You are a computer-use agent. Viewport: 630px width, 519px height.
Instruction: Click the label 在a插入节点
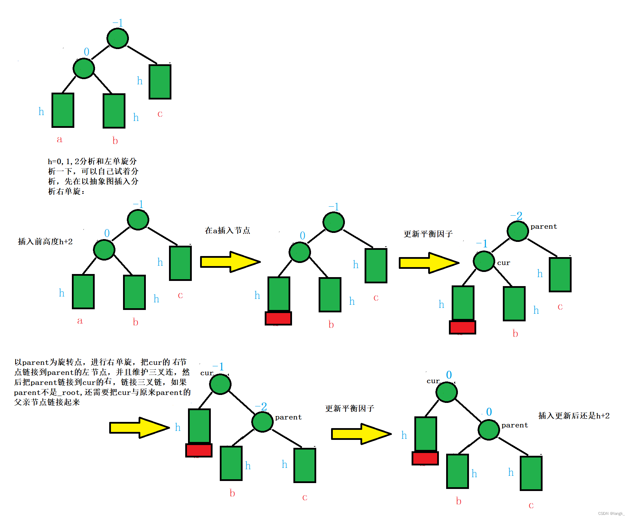click(x=227, y=230)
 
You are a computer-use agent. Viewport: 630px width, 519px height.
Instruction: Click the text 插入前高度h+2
click(x=45, y=242)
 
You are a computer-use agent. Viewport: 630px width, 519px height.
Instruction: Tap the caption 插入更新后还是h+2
click(x=574, y=416)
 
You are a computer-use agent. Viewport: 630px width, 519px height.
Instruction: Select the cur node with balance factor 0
click(x=446, y=392)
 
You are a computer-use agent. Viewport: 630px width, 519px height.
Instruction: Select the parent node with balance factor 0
click(x=489, y=430)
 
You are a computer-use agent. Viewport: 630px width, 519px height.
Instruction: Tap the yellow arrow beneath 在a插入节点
click(x=230, y=262)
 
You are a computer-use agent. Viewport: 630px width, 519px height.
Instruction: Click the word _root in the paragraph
click(x=70, y=393)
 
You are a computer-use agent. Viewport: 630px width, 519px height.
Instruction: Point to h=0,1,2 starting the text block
click(x=61, y=161)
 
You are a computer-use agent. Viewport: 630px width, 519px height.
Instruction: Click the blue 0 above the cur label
click(x=449, y=375)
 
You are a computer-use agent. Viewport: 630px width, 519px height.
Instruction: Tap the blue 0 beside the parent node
click(x=489, y=412)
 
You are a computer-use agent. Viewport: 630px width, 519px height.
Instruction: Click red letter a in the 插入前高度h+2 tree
click(x=80, y=321)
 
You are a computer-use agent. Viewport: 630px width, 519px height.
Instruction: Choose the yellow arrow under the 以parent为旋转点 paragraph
click(x=139, y=428)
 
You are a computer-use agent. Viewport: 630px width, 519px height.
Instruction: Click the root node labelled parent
click(x=518, y=231)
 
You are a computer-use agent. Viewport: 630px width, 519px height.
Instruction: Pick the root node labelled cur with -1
click(x=220, y=384)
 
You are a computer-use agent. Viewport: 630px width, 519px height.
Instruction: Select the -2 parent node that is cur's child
click(x=262, y=422)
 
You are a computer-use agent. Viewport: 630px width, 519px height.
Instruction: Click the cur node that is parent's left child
click(x=484, y=261)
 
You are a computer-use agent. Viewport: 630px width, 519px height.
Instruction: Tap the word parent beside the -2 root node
click(x=544, y=227)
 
